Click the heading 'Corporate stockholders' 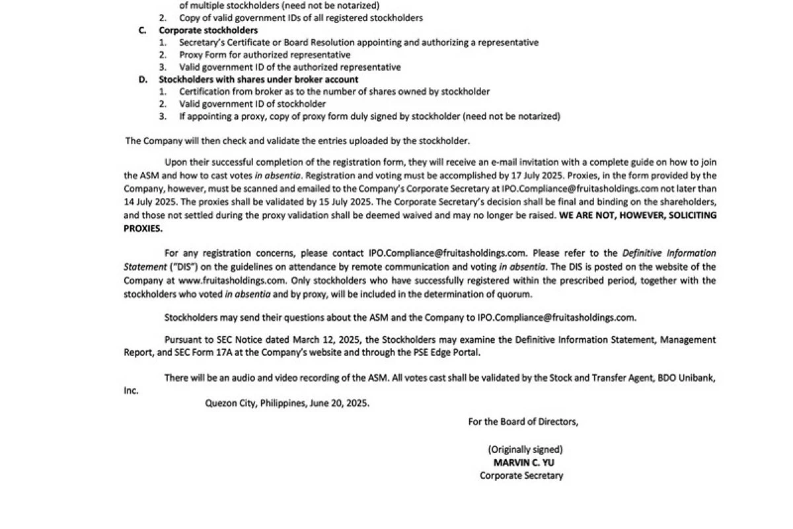point(208,30)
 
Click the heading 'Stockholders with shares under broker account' point(258,79)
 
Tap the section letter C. point(142,30)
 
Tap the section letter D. point(142,79)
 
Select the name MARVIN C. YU point(524,462)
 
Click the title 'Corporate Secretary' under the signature point(521,475)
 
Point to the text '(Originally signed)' point(525,450)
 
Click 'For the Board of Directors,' point(523,422)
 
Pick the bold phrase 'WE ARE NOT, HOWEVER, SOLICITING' point(638,215)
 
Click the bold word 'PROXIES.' point(143,229)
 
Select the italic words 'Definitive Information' point(669,253)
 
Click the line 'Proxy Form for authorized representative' point(265,55)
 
